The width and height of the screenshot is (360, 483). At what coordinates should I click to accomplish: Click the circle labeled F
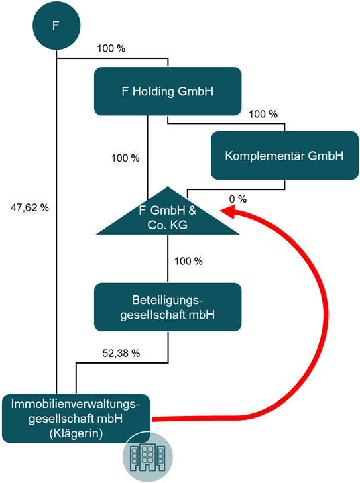(x=56, y=25)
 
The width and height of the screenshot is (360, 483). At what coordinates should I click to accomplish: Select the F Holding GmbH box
(x=168, y=91)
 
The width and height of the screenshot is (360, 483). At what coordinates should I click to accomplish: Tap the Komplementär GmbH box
(x=284, y=156)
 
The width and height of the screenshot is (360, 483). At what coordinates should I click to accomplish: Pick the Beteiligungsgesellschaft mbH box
(x=168, y=307)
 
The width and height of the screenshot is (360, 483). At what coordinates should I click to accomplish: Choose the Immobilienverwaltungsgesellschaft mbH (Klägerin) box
(x=76, y=419)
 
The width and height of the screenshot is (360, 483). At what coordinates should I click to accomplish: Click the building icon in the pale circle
(x=147, y=457)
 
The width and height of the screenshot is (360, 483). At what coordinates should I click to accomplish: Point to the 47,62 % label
(x=29, y=207)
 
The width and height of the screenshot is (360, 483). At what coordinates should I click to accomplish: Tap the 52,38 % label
(x=121, y=353)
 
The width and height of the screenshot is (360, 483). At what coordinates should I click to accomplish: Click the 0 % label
(x=238, y=199)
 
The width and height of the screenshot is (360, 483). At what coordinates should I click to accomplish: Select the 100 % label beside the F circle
(x=111, y=48)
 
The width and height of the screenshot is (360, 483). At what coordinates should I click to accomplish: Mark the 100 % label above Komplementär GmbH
(x=263, y=114)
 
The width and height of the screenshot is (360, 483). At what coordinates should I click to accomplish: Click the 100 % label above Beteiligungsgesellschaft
(x=188, y=261)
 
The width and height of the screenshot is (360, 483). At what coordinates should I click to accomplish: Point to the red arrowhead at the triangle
(x=228, y=211)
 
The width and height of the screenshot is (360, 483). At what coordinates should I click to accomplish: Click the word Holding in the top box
(x=153, y=91)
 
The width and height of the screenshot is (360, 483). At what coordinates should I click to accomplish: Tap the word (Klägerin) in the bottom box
(x=76, y=433)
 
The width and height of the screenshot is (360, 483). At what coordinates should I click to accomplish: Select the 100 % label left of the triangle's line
(x=125, y=158)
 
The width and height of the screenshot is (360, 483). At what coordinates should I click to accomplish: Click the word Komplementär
(x=265, y=156)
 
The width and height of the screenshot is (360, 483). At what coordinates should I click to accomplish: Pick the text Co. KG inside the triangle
(x=168, y=225)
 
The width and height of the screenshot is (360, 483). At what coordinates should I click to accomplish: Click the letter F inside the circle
(x=56, y=25)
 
